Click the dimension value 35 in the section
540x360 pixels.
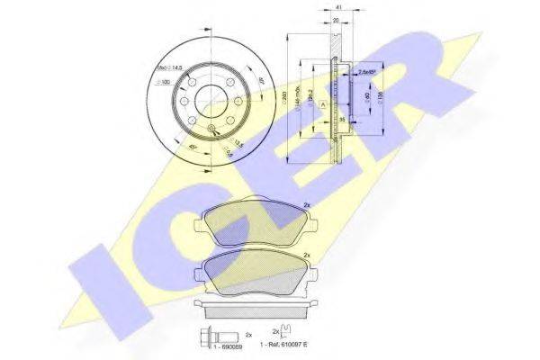tap(343, 117)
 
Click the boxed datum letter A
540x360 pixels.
tap(322, 103)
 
